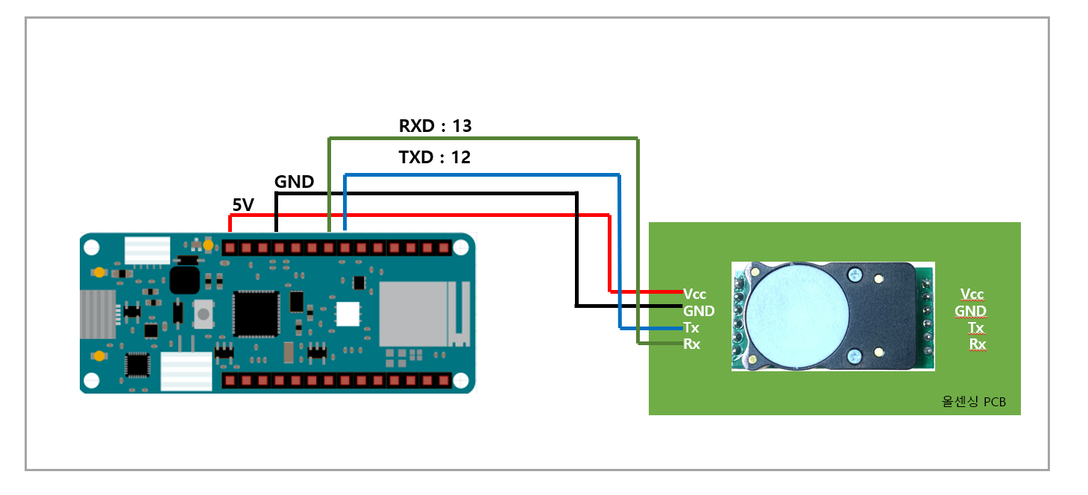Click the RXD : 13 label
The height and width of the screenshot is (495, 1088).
point(435,126)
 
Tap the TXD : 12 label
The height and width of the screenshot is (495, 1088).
point(435,158)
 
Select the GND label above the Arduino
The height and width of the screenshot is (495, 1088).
point(295,182)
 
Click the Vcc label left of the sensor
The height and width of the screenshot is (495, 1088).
point(694,294)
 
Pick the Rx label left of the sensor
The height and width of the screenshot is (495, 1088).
point(692,344)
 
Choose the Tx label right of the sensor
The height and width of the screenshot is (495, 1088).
point(975,327)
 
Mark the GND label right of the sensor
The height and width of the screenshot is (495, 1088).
point(970,311)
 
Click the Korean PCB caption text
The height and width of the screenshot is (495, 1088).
point(974,402)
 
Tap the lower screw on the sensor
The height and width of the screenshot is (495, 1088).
point(855,356)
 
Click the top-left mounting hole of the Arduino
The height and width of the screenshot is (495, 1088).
point(92,247)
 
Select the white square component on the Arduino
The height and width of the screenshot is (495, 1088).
point(347,314)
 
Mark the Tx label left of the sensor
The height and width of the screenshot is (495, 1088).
point(691,328)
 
